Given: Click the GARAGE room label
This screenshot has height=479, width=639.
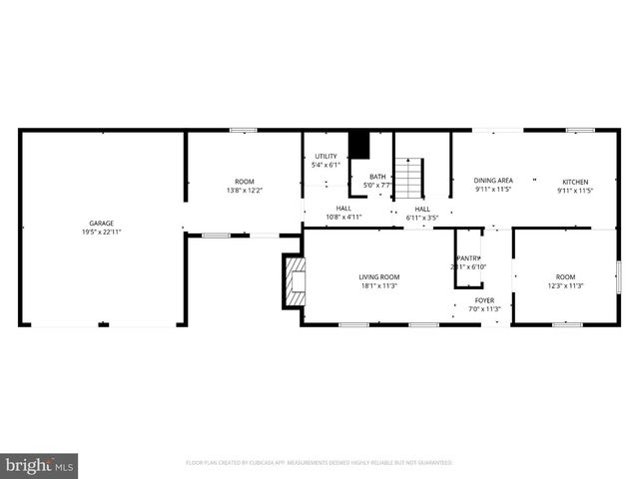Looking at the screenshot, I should (x=101, y=223).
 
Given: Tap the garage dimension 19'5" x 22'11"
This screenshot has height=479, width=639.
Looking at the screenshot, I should (x=101, y=232).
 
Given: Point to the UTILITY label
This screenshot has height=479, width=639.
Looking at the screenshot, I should (x=325, y=157).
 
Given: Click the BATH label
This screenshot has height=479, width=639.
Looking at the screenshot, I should (x=376, y=177).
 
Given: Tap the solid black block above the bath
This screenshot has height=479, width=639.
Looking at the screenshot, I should (x=358, y=146).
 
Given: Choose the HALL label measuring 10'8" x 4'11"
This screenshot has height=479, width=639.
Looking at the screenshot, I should (x=342, y=209).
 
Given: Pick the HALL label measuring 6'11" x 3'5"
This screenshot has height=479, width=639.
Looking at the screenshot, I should (x=422, y=209).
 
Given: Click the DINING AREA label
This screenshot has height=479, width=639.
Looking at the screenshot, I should (x=492, y=181).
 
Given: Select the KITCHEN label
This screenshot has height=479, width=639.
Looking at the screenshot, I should (x=575, y=182).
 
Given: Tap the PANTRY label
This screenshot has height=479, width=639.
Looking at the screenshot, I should (x=468, y=257).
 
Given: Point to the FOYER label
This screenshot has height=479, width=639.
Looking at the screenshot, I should (x=484, y=299).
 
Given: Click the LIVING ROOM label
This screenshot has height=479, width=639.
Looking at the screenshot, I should (x=379, y=276).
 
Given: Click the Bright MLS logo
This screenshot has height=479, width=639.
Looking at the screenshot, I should (x=40, y=464).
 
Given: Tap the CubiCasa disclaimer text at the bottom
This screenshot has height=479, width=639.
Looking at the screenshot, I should (x=319, y=463).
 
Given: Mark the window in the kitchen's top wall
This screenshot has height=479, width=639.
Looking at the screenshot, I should (x=580, y=130).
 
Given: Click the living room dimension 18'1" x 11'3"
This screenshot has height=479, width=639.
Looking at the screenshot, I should (x=379, y=285).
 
